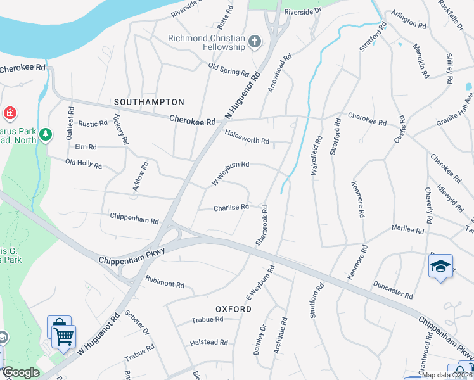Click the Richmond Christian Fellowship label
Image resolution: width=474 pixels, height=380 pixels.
click(x=207, y=42)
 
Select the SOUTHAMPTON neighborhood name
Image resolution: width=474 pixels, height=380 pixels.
click(x=149, y=101)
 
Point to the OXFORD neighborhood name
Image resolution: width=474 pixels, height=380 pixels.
click(x=234, y=309)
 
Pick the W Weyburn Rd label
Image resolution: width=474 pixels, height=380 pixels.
click(x=230, y=173)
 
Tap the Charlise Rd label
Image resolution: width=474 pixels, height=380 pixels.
click(x=231, y=207)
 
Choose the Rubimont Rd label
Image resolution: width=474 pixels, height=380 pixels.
click(x=165, y=281)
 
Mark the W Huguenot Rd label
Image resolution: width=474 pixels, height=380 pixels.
click(x=98, y=333)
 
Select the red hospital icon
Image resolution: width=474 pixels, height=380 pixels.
click(x=10, y=114)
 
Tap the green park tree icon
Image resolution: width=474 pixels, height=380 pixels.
click(x=45, y=134)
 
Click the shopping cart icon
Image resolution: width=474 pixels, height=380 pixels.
click(x=63, y=338)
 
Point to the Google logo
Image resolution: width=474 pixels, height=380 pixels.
click(x=20, y=372)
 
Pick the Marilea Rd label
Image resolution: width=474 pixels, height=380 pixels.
click(x=407, y=229)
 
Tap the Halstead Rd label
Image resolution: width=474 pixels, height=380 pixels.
click(x=209, y=343)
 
